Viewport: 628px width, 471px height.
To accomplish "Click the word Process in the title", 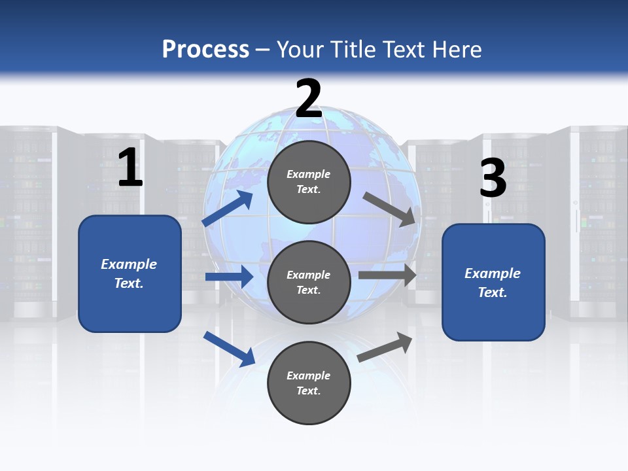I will pyautogui.click(x=205, y=50).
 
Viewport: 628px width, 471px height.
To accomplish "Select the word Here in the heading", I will pyautogui.click(x=457, y=50).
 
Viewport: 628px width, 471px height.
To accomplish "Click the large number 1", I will pyautogui.click(x=130, y=168).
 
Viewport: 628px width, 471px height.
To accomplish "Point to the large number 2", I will pyautogui.click(x=309, y=99).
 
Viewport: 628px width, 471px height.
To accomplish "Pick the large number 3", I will pyautogui.click(x=493, y=179).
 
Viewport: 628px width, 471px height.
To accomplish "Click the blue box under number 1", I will pyautogui.click(x=130, y=273).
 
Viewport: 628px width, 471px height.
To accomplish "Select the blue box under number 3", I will pyautogui.click(x=493, y=283).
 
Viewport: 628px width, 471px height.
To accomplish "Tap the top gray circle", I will pyautogui.click(x=309, y=182).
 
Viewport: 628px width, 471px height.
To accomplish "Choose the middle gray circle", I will pyautogui.click(x=309, y=282).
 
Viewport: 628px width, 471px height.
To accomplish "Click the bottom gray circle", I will pyautogui.click(x=309, y=383).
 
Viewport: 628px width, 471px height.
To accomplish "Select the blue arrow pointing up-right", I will pyautogui.click(x=228, y=208).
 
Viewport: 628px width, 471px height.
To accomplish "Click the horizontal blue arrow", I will pyautogui.click(x=229, y=277).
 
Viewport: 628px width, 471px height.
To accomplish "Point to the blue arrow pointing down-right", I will pyautogui.click(x=229, y=349).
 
